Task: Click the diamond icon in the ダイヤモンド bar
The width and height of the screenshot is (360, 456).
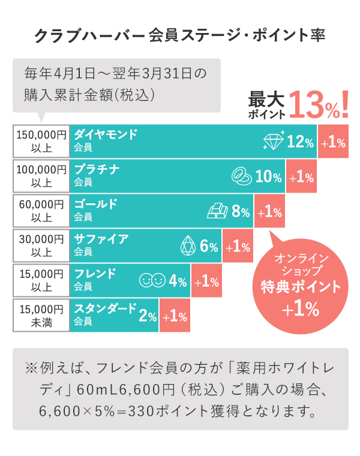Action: (x=273, y=142)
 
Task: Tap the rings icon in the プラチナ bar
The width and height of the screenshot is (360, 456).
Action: (x=242, y=176)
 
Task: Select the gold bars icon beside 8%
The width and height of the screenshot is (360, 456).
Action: (x=218, y=211)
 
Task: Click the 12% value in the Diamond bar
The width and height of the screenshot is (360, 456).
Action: (x=301, y=142)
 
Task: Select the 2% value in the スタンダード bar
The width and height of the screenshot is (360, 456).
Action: (x=148, y=316)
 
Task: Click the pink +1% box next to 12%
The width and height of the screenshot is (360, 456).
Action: (x=333, y=142)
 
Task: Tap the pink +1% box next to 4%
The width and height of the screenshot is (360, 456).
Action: (x=206, y=281)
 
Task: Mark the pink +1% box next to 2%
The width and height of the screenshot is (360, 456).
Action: (x=175, y=316)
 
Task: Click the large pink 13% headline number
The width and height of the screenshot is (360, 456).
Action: (x=313, y=104)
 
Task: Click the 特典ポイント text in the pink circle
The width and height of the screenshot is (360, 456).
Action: (x=301, y=287)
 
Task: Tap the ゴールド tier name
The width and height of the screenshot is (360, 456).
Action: (x=95, y=204)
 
